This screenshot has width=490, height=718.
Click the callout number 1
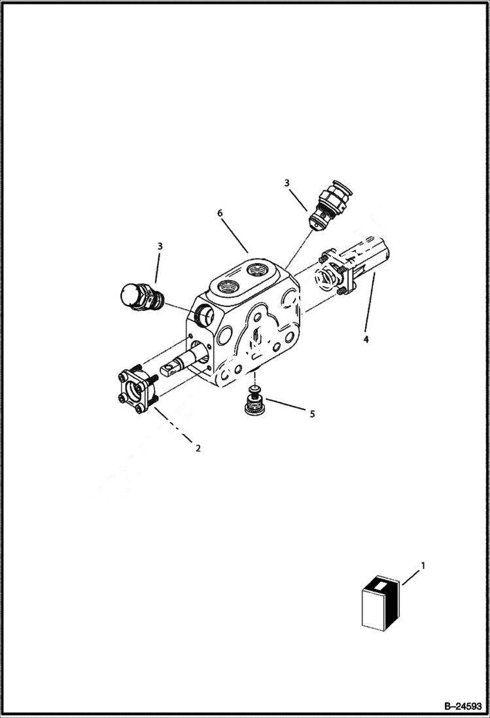pos(423,565)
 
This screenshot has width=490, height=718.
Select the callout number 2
pos(198,448)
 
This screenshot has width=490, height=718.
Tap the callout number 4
pos(366,339)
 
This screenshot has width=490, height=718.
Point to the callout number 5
pos(312,414)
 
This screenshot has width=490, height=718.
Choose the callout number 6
pos(220,213)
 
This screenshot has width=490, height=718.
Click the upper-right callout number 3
pos(287,183)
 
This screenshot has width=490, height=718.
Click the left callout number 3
pos(160,246)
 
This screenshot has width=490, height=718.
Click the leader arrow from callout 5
pos(285,406)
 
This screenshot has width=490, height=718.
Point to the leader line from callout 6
pos(234,236)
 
